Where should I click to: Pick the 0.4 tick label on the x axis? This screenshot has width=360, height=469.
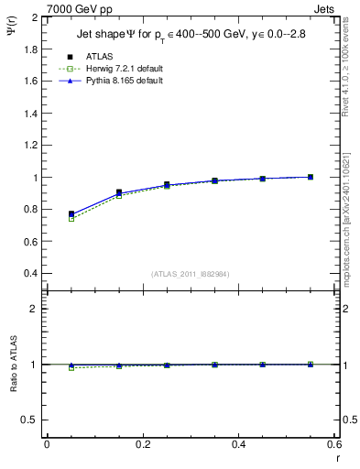coord(238,445)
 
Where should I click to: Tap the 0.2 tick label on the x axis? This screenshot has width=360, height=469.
coord(142,445)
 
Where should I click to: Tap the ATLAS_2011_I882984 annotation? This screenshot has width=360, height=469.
coord(190,274)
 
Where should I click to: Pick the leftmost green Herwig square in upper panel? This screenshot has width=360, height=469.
coord(71,219)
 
